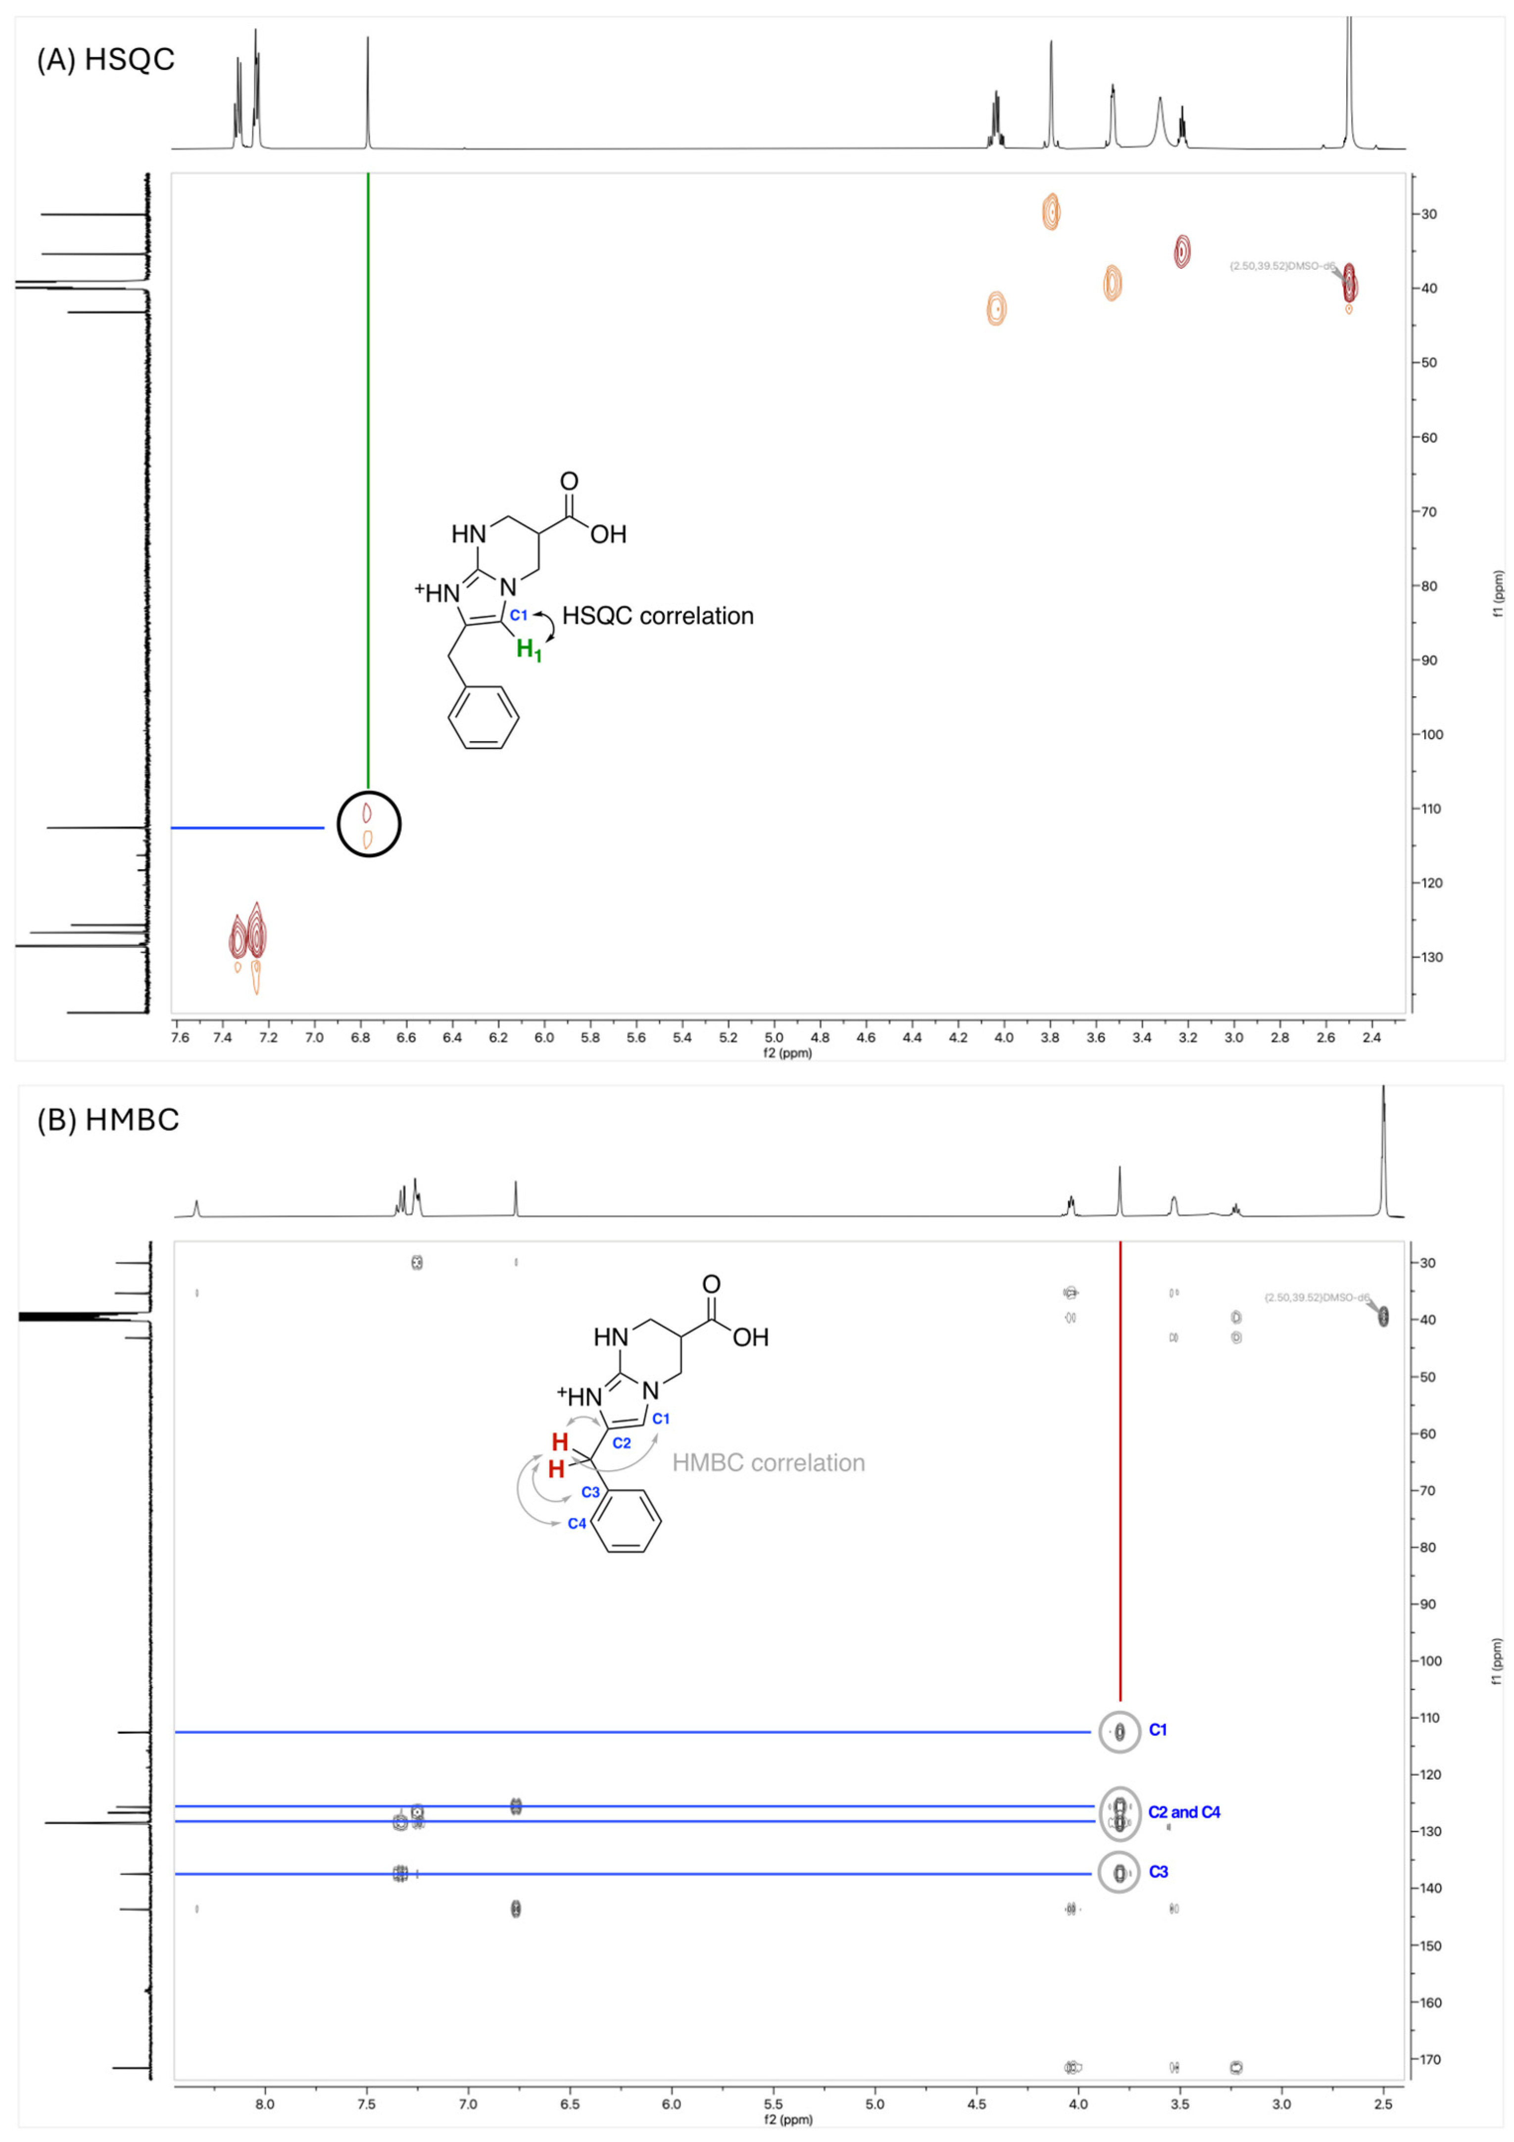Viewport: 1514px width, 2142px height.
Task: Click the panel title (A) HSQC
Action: pyautogui.click(x=105, y=60)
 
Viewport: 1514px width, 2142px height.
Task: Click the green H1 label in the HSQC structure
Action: pyautogui.click(x=529, y=650)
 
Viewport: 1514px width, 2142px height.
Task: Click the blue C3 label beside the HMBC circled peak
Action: pyautogui.click(x=1158, y=1871)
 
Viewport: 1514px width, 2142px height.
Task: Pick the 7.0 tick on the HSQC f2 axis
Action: pyautogui.click(x=314, y=1038)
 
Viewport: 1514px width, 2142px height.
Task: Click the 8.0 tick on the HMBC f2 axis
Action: pyautogui.click(x=265, y=2105)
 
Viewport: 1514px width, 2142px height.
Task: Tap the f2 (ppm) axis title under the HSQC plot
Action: pyautogui.click(x=788, y=1053)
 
